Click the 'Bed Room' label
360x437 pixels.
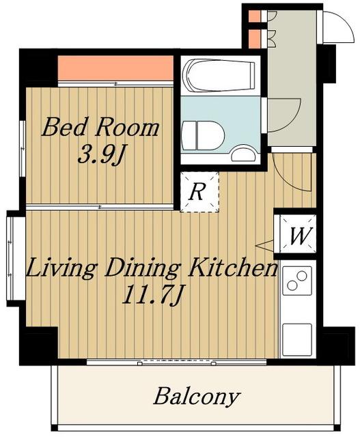tap(100, 128)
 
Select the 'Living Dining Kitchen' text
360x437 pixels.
tap(152, 268)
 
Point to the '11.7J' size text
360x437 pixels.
tap(152, 296)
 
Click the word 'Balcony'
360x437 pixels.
tap(197, 397)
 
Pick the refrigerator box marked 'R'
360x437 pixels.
tap(199, 192)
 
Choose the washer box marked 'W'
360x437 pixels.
tap(298, 234)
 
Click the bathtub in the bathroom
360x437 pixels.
tap(219, 75)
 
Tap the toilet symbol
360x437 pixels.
tap(202, 136)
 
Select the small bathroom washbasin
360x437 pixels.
tap(243, 154)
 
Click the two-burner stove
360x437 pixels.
tap(297, 281)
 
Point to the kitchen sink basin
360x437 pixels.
tap(297, 339)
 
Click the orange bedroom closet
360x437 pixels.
tap(115, 68)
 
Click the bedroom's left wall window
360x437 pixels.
tap(23, 148)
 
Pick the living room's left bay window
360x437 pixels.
tap(11, 258)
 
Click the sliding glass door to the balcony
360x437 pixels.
tap(177, 363)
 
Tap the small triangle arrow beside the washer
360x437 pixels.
tap(265, 245)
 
